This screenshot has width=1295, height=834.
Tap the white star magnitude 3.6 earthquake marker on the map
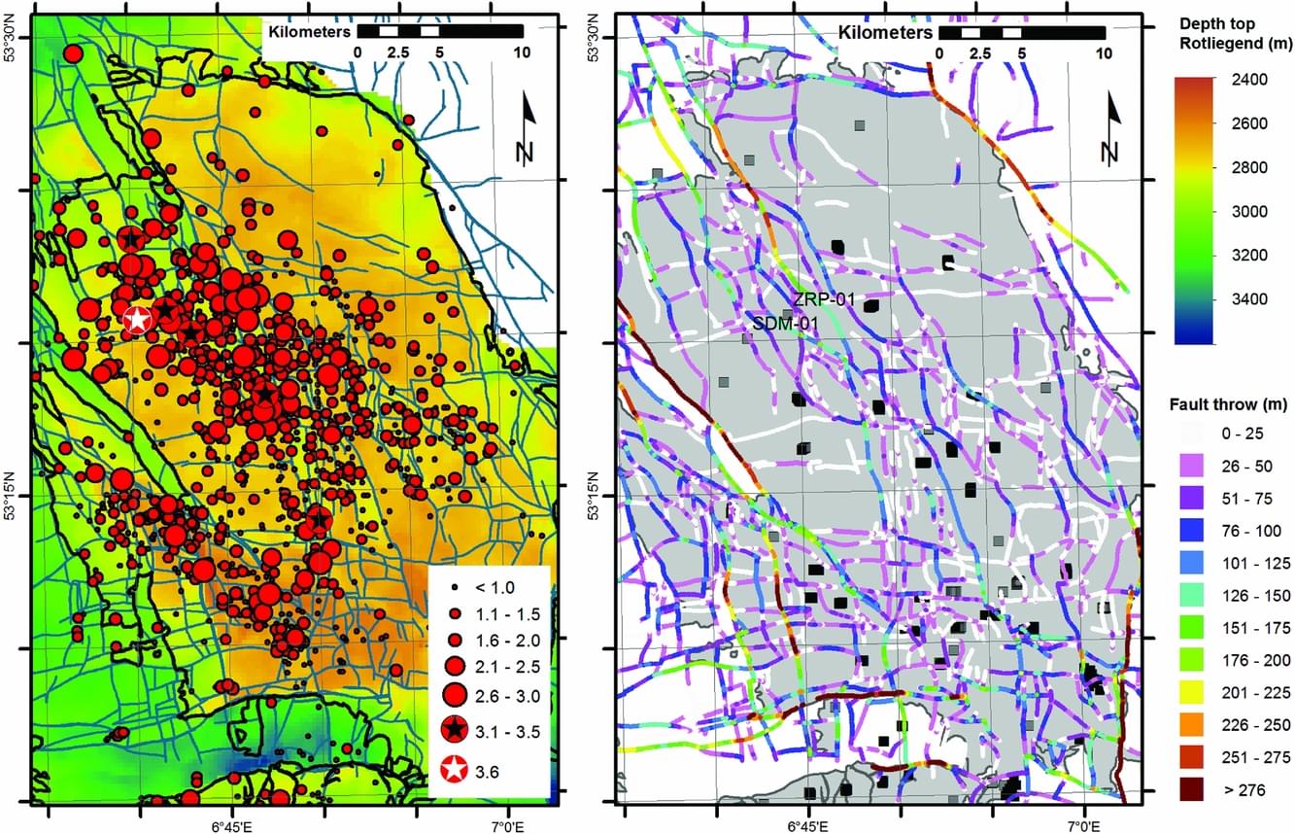(138, 318)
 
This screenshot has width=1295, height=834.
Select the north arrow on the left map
(527, 129)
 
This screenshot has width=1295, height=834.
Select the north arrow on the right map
(1110, 129)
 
